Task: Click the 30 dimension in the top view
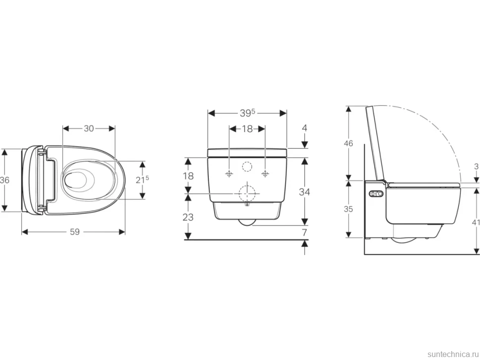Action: click(x=89, y=129)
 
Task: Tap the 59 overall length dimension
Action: click(x=75, y=232)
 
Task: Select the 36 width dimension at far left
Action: click(x=4, y=180)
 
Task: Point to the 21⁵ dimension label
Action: click(x=143, y=180)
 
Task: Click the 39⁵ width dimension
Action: click(x=247, y=113)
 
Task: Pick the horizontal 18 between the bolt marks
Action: click(x=247, y=129)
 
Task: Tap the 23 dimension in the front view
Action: click(x=188, y=217)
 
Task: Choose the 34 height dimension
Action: click(x=304, y=192)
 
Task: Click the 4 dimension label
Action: click(x=304, y=128)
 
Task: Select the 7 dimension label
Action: click(x=304, y=232)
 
